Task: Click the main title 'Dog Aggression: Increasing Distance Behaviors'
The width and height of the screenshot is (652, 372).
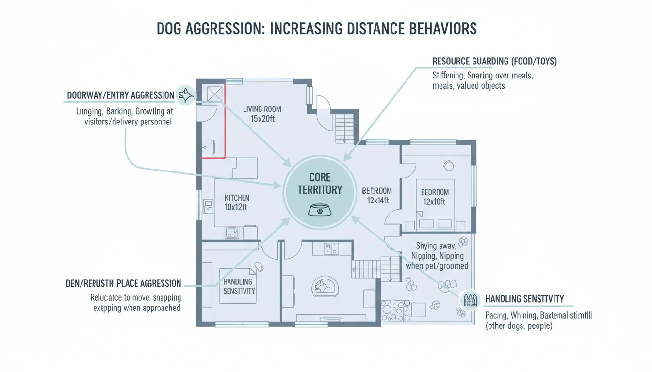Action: point(316,29)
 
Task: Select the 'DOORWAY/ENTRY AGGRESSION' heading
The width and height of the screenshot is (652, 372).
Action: point(120,95)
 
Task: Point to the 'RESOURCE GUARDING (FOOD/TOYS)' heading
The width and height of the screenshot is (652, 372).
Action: point(494,62)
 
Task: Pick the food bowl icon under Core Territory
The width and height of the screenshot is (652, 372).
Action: point(320,210)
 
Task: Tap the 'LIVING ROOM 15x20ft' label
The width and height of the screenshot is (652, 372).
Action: point(262,114)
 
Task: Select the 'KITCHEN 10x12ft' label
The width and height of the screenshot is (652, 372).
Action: point(237,202)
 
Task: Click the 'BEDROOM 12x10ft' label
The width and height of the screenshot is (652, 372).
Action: point(435,197)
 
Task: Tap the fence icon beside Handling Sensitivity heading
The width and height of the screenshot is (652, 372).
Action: point(468,300)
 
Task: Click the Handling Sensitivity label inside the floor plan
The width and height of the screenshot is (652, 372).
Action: point(239,286)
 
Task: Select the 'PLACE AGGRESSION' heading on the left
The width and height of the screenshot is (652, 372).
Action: point(123,284)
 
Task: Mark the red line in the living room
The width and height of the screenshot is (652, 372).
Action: point(225,126)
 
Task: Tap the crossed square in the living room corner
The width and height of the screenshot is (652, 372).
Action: point(214,94)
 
